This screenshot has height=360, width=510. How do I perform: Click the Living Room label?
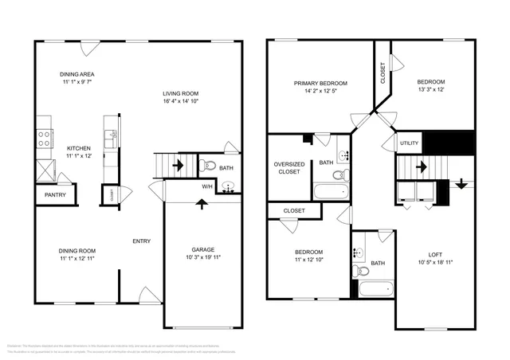coord(180,92)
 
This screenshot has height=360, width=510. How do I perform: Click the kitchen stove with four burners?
coord(44,136)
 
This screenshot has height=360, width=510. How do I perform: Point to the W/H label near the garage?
coord(207,187)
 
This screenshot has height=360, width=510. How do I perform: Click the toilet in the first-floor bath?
coord(209,166)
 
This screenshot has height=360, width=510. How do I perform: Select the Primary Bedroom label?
coord(320,83)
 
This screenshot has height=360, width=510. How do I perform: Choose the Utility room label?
coord(409,143)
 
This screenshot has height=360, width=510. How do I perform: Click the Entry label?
coord(142,241)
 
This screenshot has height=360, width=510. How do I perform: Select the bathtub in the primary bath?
coord(330,192)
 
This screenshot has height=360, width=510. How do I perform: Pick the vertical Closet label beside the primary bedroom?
coord(383,73)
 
